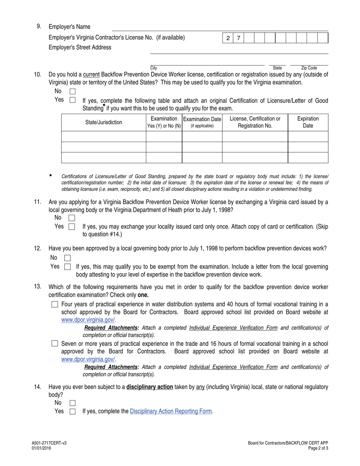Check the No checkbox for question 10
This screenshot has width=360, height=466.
[x=72, y=91]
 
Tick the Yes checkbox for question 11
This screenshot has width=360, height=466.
[x=72, y=227]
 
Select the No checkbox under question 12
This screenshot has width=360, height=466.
[x=67, y=258]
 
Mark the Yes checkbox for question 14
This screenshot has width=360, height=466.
[x=72, y=411]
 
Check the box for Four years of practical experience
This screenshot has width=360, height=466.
[x=55, y=304]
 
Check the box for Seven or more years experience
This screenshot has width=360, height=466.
[x=55, y=344]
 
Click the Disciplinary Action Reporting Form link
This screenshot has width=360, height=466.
[x=171, y=411]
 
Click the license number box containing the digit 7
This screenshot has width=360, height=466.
[x=238, y=38]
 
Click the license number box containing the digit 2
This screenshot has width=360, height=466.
[x=228, y=38]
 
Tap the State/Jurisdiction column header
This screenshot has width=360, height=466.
[x=103, y=122]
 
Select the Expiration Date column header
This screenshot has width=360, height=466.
[x=308, y=122]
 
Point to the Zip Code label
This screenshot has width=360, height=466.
[x=309, y=68]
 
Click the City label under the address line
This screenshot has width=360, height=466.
[x=153, y=68]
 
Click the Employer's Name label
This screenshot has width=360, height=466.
[x=69, y=27]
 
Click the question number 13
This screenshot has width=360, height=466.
[x=38, y=286]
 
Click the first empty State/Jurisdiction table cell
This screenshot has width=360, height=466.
[x=103, y=136]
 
